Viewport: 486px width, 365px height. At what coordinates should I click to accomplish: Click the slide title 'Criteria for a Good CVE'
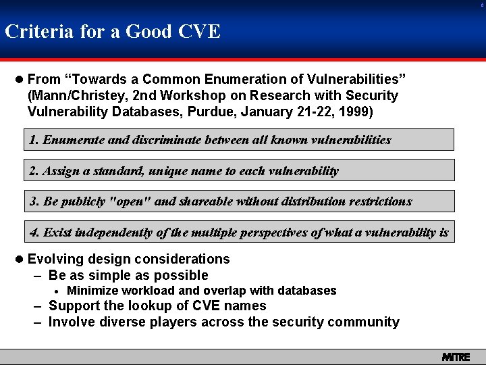coord(113,31)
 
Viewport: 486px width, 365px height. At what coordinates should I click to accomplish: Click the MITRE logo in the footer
coord(456,356)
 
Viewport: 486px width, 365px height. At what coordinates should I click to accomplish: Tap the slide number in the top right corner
coord(481,4)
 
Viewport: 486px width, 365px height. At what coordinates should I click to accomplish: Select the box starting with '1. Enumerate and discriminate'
coord(239,140)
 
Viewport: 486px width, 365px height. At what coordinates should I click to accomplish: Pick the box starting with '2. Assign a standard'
coord(239,170)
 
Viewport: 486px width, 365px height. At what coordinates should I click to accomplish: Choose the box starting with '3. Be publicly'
coord(239,201)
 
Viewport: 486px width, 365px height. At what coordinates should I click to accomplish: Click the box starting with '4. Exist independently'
coord(239,232)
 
